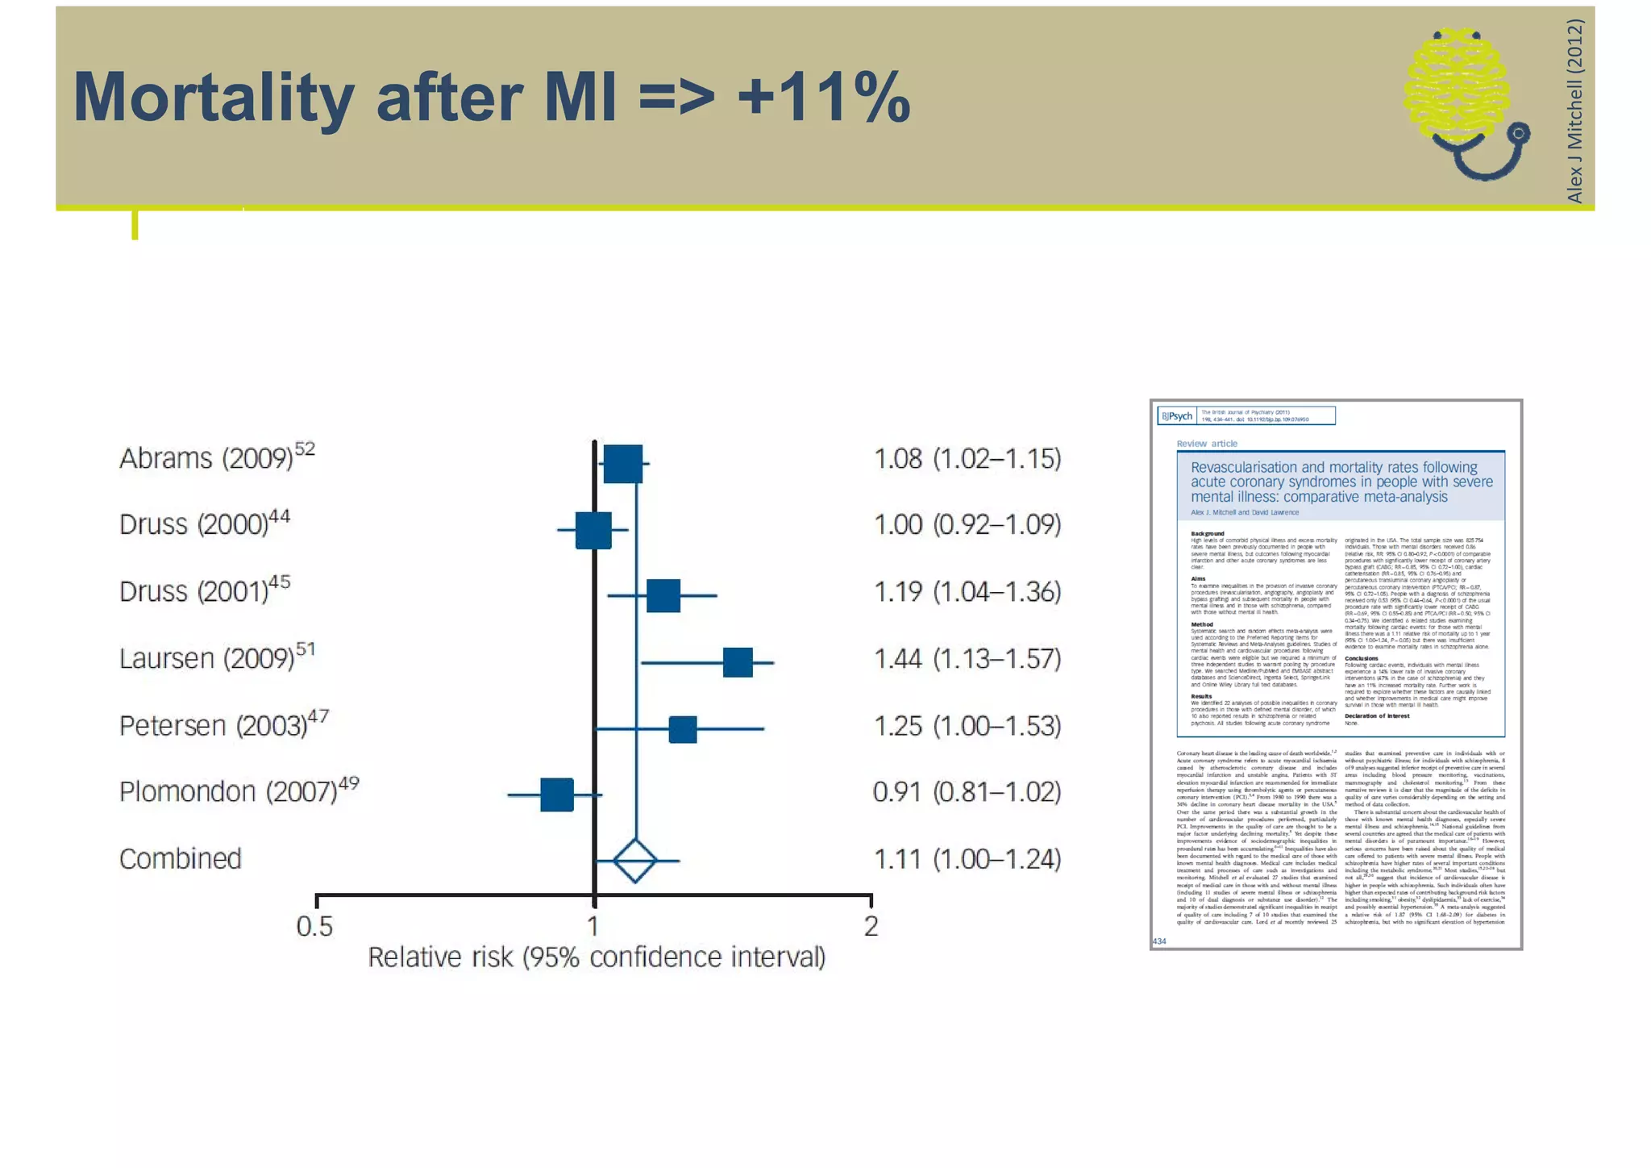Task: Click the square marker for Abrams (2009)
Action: tap(622, 464)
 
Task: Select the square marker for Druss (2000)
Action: tap(593, 530)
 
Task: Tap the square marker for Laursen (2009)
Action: tap(738, 662)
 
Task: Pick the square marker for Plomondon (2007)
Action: tap(557, 795)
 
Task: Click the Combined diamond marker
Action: tap(635, 861)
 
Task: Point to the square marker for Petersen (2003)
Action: tap(683, 729)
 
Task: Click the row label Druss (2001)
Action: tap(204, 591)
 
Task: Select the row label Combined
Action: tap(180, 859)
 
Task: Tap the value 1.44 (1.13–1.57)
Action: tap(967, 659)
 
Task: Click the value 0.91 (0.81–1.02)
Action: tap(967, 792)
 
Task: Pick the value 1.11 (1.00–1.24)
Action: tap(967, 860)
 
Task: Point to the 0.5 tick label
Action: tap(314, 927)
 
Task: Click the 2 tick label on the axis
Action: tap(871, 926)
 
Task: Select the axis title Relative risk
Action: tap(597, 957)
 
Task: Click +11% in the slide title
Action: tap(823, 98)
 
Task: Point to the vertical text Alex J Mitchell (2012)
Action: tap(1574, 111)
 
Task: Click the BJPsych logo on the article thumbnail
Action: tap(1177, 416)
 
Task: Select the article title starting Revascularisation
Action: tap(1341, 482)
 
